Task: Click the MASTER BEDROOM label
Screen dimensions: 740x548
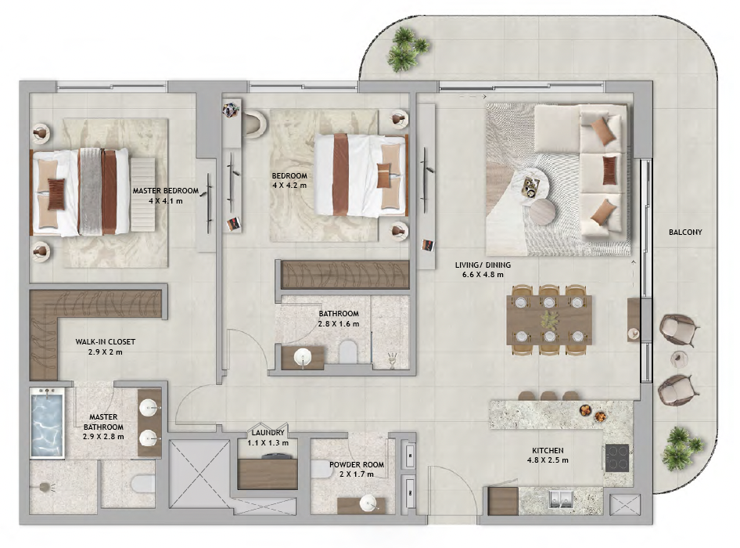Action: pos(165,191)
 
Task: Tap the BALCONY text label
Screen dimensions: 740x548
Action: pos(685,232)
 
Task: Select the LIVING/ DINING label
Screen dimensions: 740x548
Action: pos(483,265)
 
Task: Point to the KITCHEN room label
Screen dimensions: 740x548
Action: pos(548,451)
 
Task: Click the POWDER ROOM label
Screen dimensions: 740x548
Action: pos(357,465)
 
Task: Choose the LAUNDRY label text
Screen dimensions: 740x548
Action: pos(268,433)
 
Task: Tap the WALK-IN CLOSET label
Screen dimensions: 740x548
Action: pos(106,341)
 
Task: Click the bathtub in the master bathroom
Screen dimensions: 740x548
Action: pos(47,424)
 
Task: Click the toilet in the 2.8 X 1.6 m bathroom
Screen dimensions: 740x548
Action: pos(348,352)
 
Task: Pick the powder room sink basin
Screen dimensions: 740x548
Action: pos(368,503)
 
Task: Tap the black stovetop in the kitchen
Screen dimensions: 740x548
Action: pos(617,458)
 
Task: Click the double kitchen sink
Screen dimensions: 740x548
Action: pos(561,499)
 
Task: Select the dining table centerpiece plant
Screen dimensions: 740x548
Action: pos(549,321)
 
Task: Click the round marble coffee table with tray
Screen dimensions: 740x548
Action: pos(530,186)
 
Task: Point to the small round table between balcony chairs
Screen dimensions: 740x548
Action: pos(679,359)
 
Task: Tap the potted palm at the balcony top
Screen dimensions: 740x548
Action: pos(407,49)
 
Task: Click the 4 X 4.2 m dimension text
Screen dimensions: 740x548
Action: pos(289,186)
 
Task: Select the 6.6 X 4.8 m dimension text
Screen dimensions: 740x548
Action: pos(483,275)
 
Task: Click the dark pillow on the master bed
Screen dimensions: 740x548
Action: pos(56,193)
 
